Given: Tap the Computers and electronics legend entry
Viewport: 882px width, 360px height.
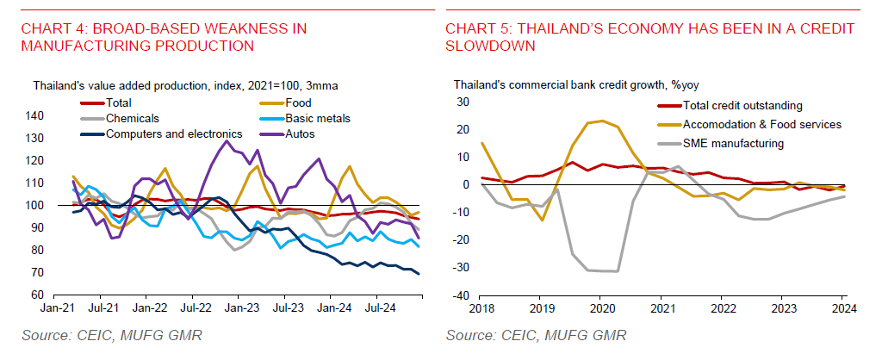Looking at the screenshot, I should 172,133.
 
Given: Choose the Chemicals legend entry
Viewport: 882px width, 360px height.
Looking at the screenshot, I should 134,118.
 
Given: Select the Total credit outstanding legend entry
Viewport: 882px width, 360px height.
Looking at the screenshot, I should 742,105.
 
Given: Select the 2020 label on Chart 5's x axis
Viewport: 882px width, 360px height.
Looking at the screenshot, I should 601,307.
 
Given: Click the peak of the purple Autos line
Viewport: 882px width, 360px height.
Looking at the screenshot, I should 227,140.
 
